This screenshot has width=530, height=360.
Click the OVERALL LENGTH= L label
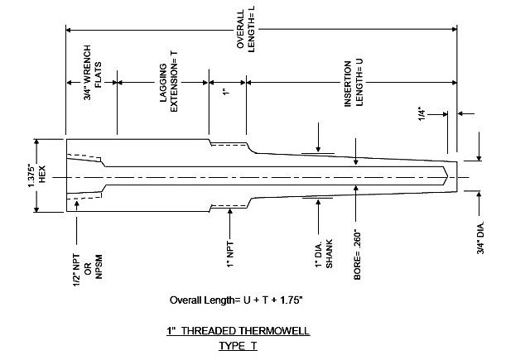point(245,31)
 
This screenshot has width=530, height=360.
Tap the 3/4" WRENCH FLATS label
point(92,73)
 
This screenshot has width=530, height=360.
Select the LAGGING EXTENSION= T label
point(168,82)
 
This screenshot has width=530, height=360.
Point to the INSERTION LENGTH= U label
point(354,83)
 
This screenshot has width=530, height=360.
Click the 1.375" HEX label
point(36,175)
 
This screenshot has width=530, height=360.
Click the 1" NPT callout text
point(230,254)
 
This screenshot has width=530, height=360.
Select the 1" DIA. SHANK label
point(324,253)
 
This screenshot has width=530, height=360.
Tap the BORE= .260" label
point(357,256)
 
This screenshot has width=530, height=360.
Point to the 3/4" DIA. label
point(480,238)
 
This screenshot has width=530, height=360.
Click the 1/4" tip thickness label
point(422,114)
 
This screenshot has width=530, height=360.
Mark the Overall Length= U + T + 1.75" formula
point(236,300)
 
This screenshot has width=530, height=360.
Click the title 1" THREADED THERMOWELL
point(238,330)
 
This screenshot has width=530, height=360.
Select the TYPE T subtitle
point(238,346)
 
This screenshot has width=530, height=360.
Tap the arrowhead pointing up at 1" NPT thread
point(230,211)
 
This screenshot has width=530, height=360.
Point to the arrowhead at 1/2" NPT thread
point(77,203)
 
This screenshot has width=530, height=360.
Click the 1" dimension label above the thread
point(227,91)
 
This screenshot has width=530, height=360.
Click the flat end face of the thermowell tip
point(457,176)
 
